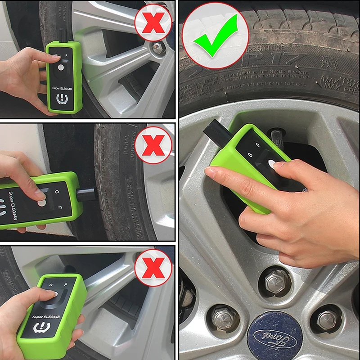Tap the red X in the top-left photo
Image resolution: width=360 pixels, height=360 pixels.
(153, 22)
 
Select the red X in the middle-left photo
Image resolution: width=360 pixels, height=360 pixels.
(153, 145)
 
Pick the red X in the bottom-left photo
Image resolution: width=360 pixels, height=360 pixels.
(153, 267)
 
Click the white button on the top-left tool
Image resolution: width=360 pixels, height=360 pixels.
(61, 67)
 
